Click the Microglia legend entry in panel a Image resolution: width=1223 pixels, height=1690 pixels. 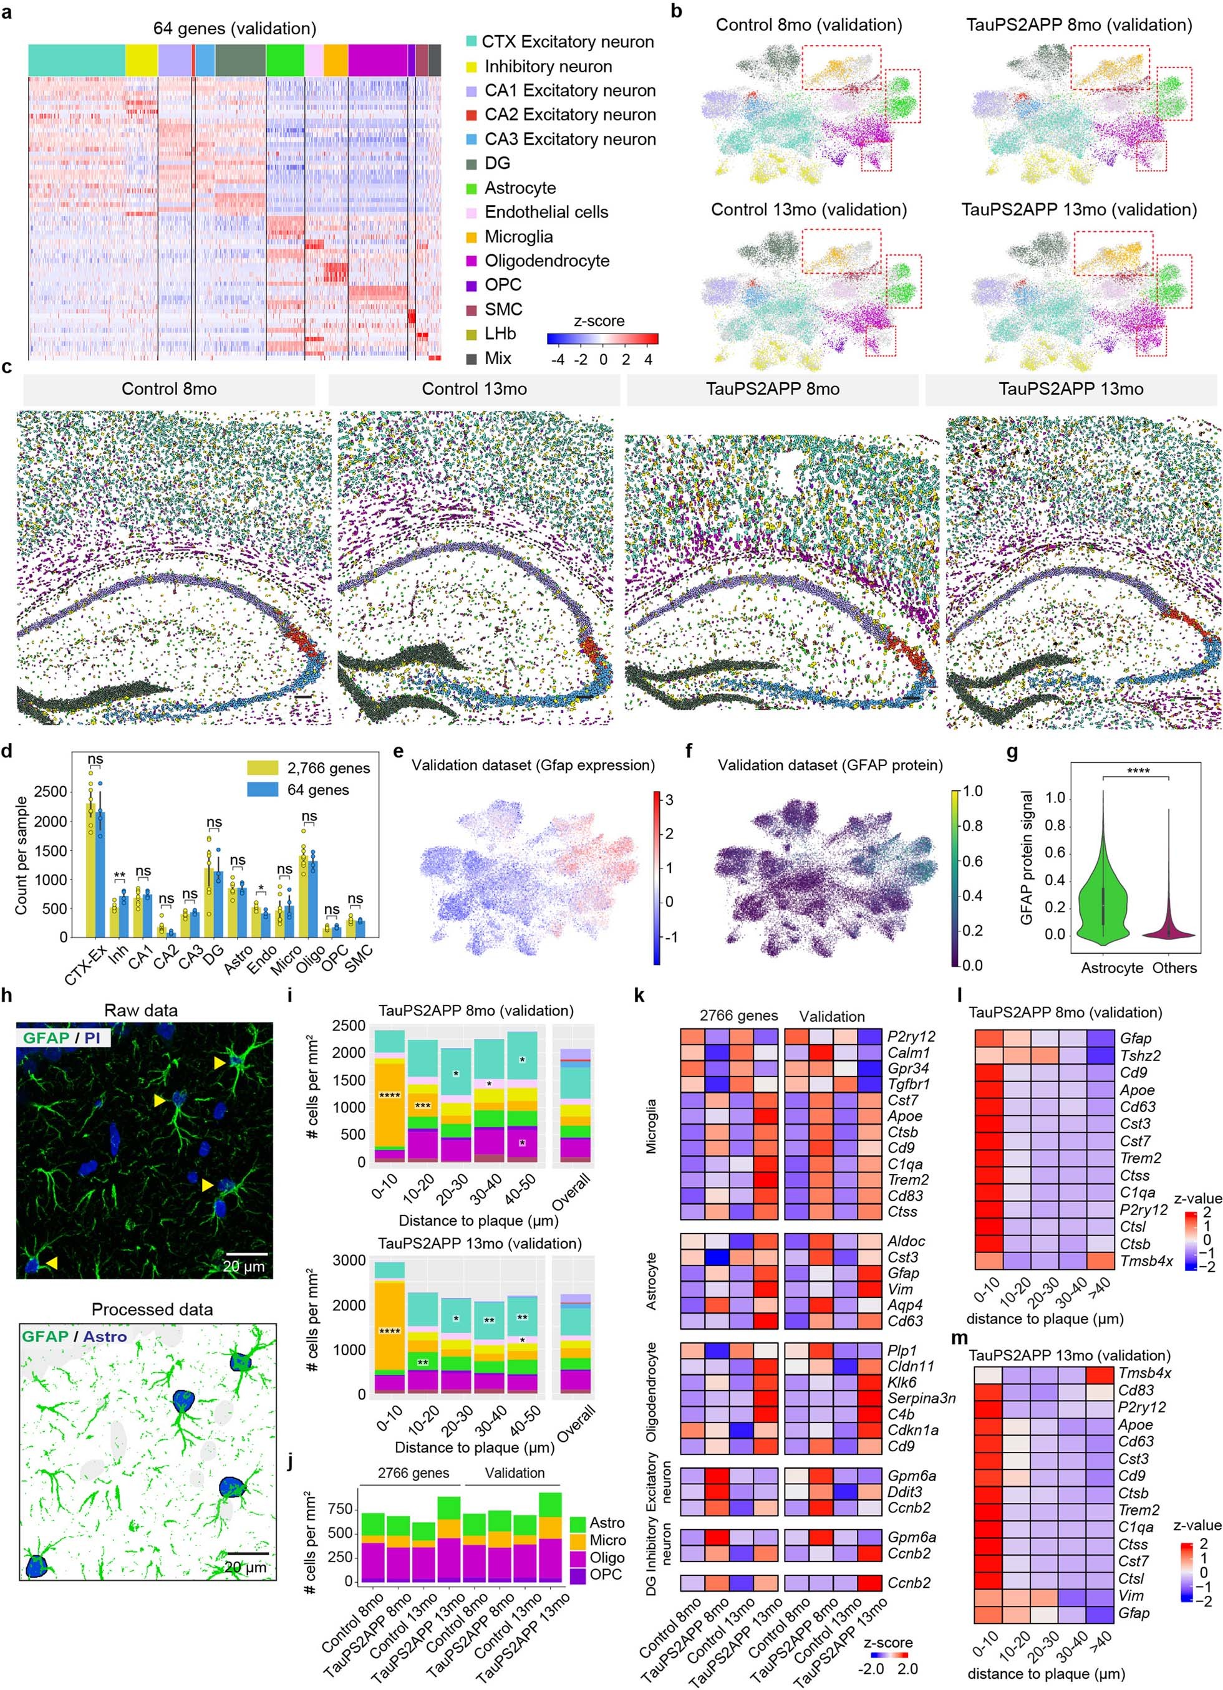(x=518, y=237)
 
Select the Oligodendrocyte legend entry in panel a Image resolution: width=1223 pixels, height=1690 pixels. (x=546, y=261)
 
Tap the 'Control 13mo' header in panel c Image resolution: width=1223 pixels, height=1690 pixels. (x=474, y=389)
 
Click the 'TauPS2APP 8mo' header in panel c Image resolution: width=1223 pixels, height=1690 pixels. (x=772, y=389)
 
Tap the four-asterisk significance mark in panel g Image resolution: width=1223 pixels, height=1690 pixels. (x=1138, y=771)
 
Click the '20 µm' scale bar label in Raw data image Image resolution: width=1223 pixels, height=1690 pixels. (x=244, y=1266)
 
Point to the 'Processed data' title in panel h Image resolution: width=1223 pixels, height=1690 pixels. (x=152, y=1308)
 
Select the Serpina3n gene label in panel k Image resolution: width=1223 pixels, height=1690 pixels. (x=921, y=1398)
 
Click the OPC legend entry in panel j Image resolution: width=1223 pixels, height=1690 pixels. (x=607, y=1575)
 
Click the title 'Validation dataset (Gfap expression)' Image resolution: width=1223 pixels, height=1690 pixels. (x=533, y=766)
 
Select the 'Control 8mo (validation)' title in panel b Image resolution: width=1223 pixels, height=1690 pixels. (x=809, y=24)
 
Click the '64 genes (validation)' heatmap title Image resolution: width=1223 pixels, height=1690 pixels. (x=234, y=28)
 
